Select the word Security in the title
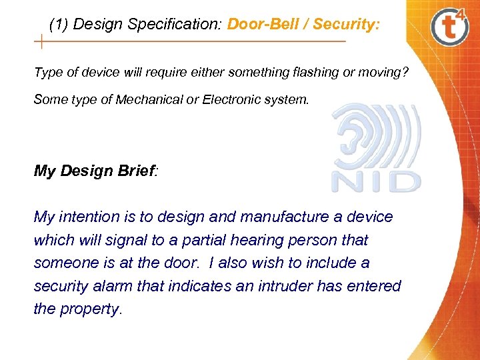tap(345, 25)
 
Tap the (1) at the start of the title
tap(59, 25)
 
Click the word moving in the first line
tap(378, 72)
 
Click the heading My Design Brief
tap(96, 171)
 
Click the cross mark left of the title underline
tap(41, 42)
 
